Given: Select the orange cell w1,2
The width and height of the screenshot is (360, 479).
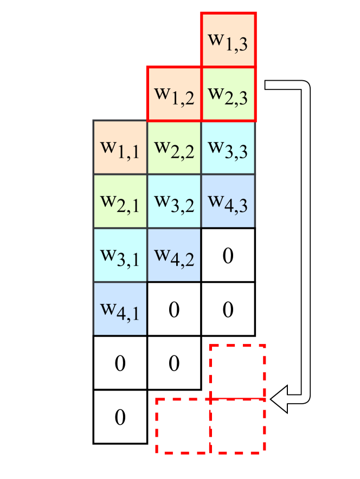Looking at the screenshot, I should tap(174, 94).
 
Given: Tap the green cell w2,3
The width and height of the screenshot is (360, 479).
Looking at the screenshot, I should tap(228, 94).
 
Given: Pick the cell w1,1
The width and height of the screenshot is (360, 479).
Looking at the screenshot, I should tap(120, 147).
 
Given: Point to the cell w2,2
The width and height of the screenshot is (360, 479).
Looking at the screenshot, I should tap(174, 147).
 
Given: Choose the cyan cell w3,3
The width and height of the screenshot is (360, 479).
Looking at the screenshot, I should tap(228, 147).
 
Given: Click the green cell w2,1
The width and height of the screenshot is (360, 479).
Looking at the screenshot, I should tap(120, 201).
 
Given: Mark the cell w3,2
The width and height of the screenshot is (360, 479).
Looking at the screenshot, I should tap(174, 201).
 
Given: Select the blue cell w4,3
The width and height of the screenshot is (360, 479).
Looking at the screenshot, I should tap(228, 201).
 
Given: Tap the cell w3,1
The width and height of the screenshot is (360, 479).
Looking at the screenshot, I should tap(120, 255).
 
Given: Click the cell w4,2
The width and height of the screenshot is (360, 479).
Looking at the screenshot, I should tap(174, 255).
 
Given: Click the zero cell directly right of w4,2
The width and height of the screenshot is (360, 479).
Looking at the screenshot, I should tap(228, 255).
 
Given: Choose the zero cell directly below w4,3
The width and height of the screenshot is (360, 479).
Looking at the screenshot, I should tap(228, 255).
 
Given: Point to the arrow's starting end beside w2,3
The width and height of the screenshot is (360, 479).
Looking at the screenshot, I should tap(267, 85).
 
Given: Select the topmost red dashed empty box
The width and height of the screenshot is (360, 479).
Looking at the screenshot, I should tap(237, 372).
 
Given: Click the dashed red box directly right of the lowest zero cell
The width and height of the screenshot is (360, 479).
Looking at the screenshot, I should tap(183, 426).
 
